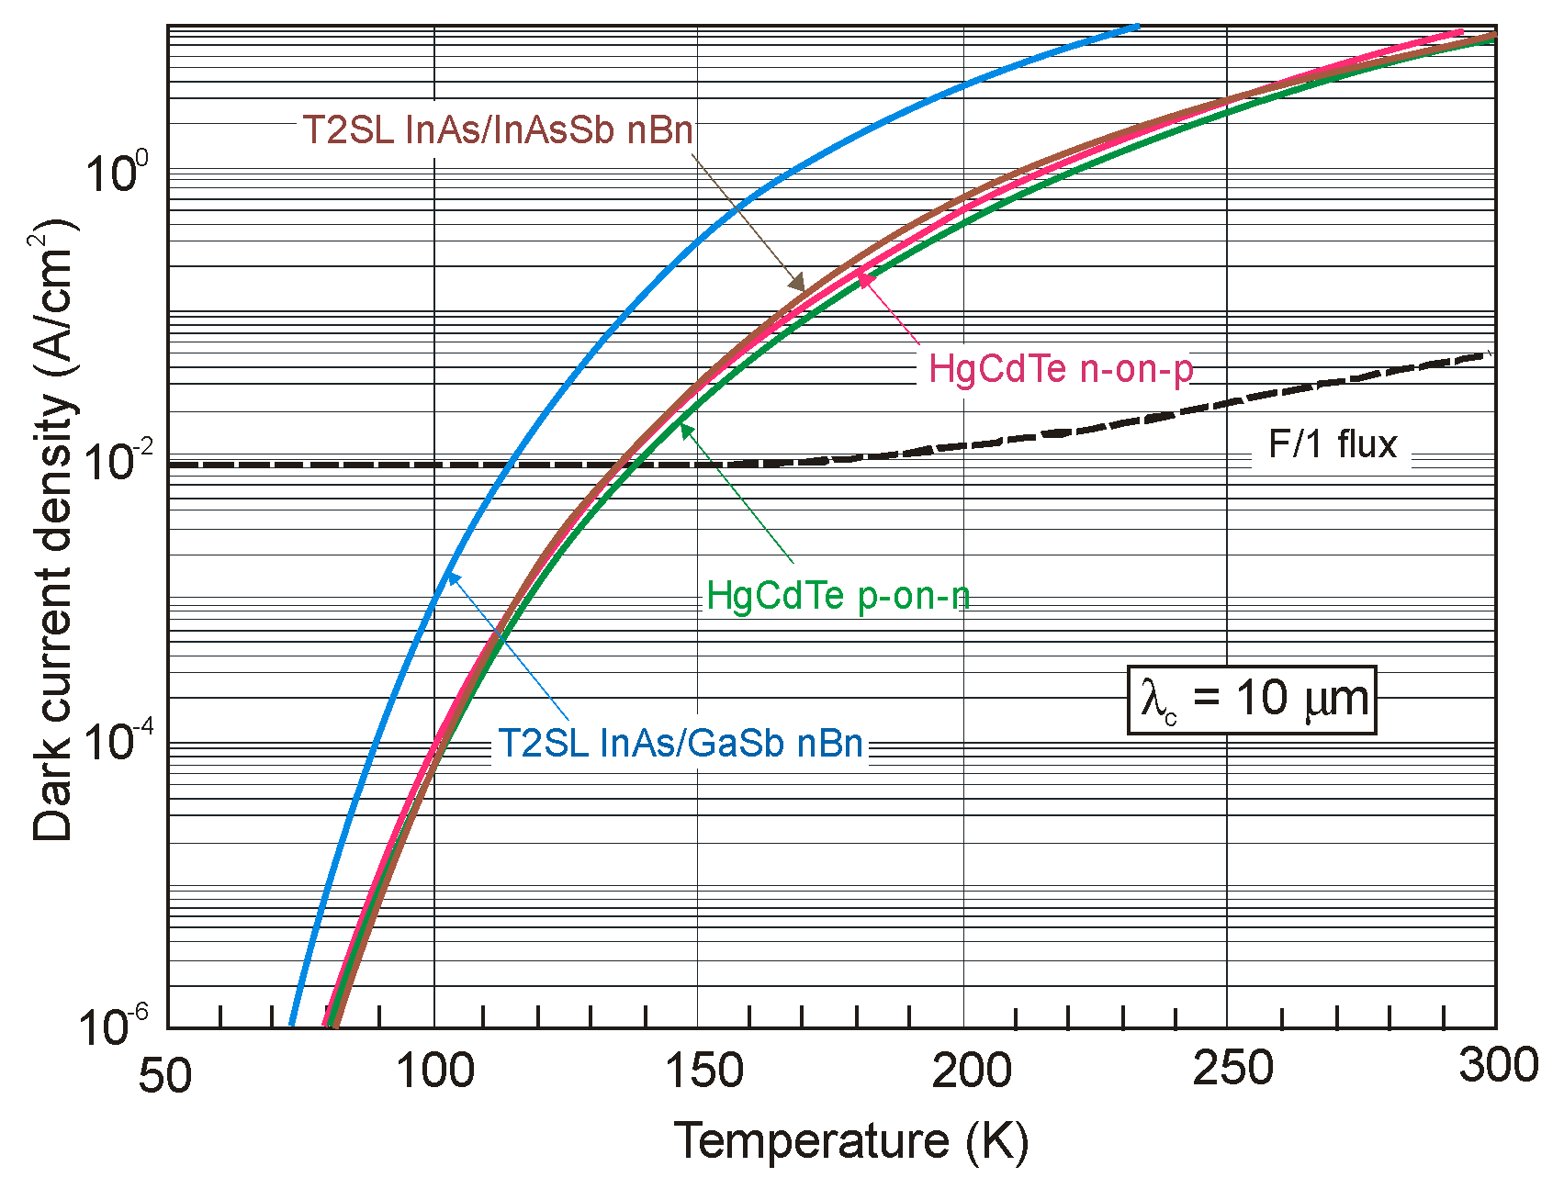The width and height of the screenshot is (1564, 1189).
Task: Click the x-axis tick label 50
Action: tap(165, 1075)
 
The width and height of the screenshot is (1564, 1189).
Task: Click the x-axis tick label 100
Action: tap(434, 1071)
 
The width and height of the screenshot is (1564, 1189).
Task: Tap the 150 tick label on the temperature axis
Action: tap(703, 1071)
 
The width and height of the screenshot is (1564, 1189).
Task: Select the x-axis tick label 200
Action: tap(971, 1071)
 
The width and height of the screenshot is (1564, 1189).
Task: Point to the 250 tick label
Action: tap(1232, 1069)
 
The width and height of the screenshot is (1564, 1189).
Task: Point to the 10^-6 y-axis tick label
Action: tap(111, 1025)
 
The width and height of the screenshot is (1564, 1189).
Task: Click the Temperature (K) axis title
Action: tap(851, 1142)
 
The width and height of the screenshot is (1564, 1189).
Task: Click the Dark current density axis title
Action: tap(53, 530)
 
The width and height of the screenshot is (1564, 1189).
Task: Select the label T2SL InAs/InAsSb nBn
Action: tap(497, 129)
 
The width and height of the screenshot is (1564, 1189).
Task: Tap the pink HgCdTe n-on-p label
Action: tap(1061, 368)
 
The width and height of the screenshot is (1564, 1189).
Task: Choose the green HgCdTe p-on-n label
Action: tap(838, 596)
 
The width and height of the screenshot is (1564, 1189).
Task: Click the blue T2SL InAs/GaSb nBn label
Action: tap(680, 743)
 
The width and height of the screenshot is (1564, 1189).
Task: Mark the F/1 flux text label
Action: tap(1332, 444)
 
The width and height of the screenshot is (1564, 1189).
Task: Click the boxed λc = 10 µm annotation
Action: tap(1252, 700)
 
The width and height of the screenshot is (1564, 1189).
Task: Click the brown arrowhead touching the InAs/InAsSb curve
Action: tap(798, 282)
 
